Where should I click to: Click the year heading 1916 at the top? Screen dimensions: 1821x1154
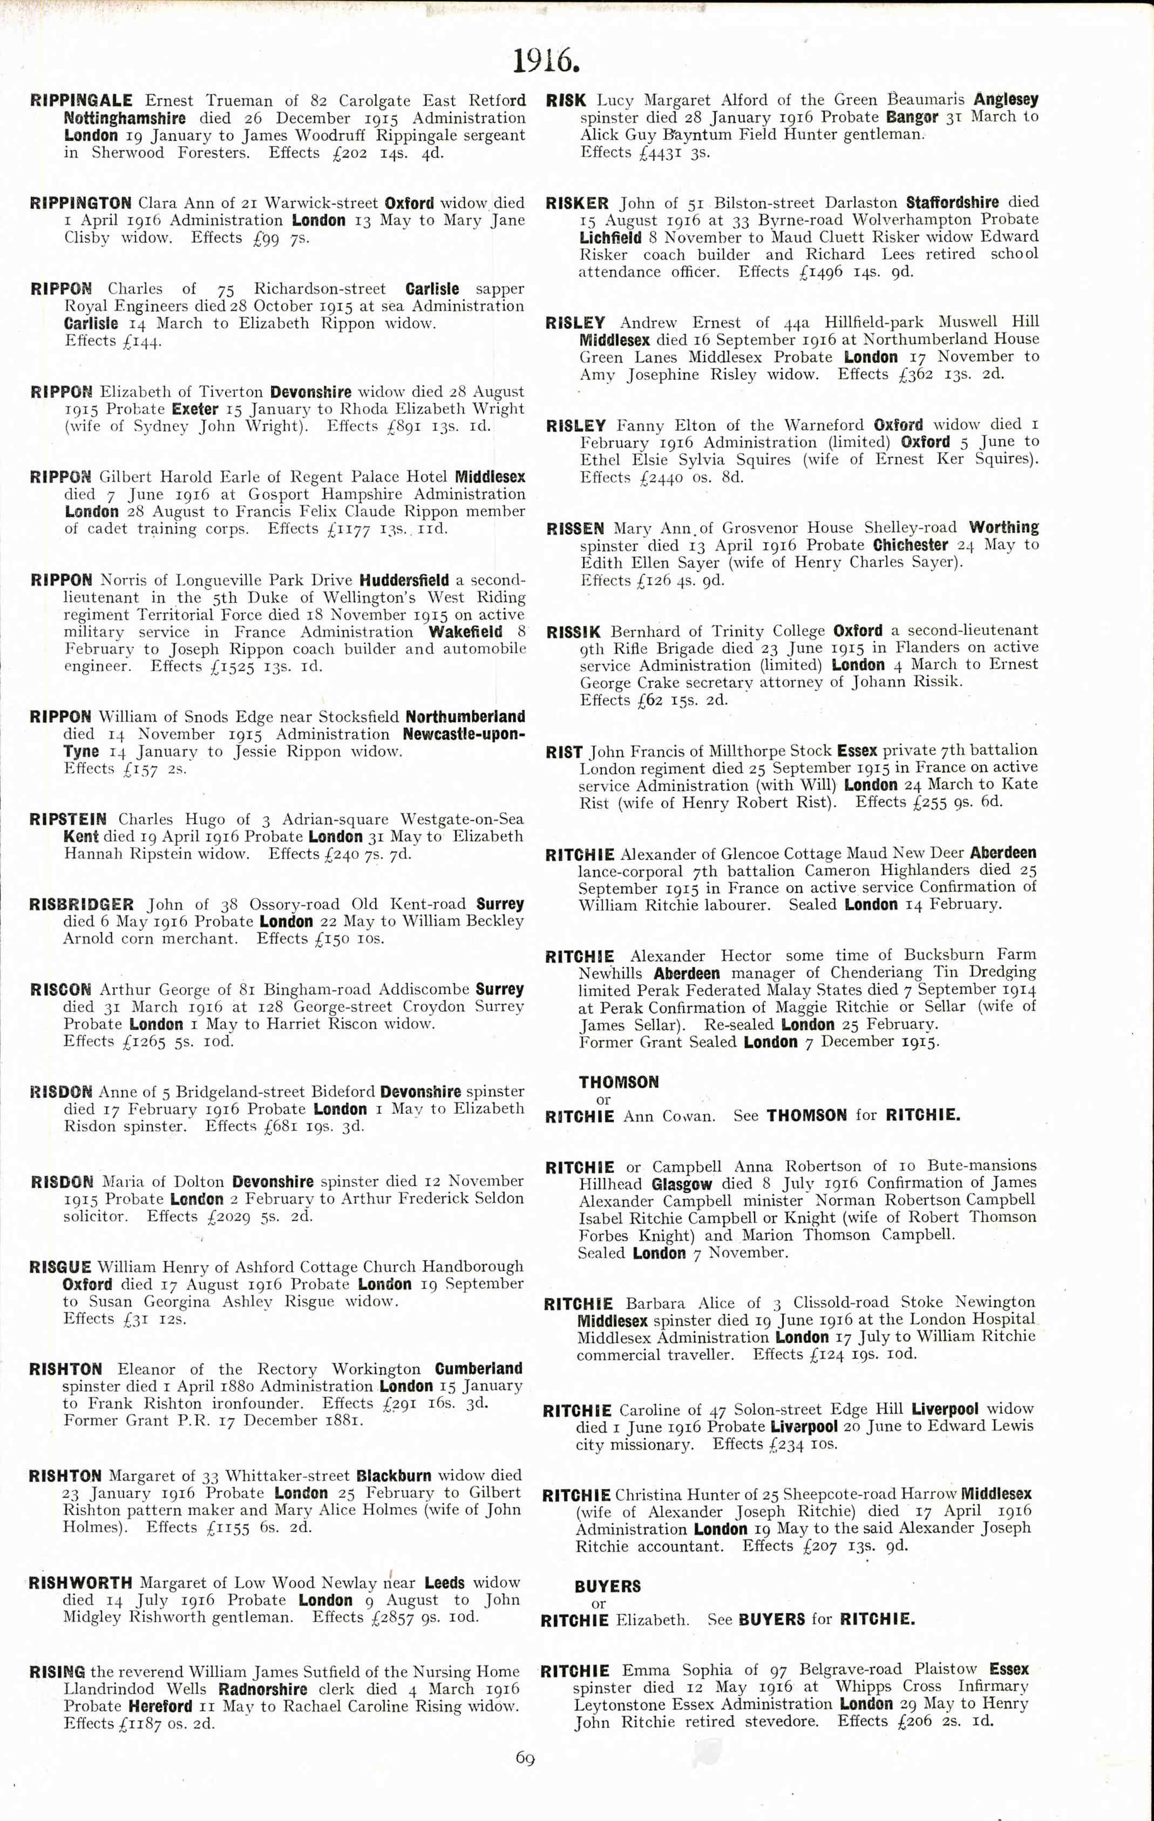click(546, 60)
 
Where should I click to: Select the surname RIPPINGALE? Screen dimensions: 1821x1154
click(82, 100)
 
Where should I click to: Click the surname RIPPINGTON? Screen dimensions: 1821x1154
click(81, 203)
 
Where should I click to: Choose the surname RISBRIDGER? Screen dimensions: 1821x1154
click(82, 905)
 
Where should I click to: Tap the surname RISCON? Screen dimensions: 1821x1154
click(60, 990)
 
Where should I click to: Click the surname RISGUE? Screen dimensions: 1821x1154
click(60, 1267)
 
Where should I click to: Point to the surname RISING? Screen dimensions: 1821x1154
click(57, 1672)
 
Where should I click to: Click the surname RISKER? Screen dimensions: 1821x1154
click(577, 203)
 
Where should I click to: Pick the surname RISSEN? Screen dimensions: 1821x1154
click(575, 528)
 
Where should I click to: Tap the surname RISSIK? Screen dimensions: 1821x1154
click(574, 631)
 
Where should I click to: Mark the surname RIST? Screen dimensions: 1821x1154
click(564, 752)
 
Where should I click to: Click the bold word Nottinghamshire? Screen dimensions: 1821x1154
click(125, 118)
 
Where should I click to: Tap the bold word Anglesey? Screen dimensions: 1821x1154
click(1006, 99)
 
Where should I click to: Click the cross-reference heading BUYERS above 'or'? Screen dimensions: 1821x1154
click(607, 1586)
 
